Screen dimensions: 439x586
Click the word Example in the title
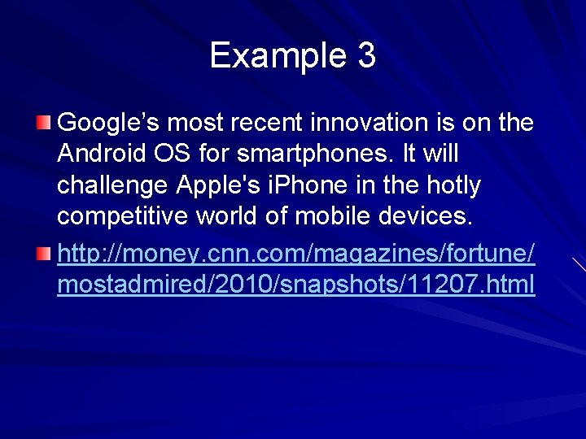pos(278,56)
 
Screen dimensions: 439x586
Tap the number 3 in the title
pos(366,56)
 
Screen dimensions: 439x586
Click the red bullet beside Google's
pos(43,124)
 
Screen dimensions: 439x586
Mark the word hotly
pos(452,186)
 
